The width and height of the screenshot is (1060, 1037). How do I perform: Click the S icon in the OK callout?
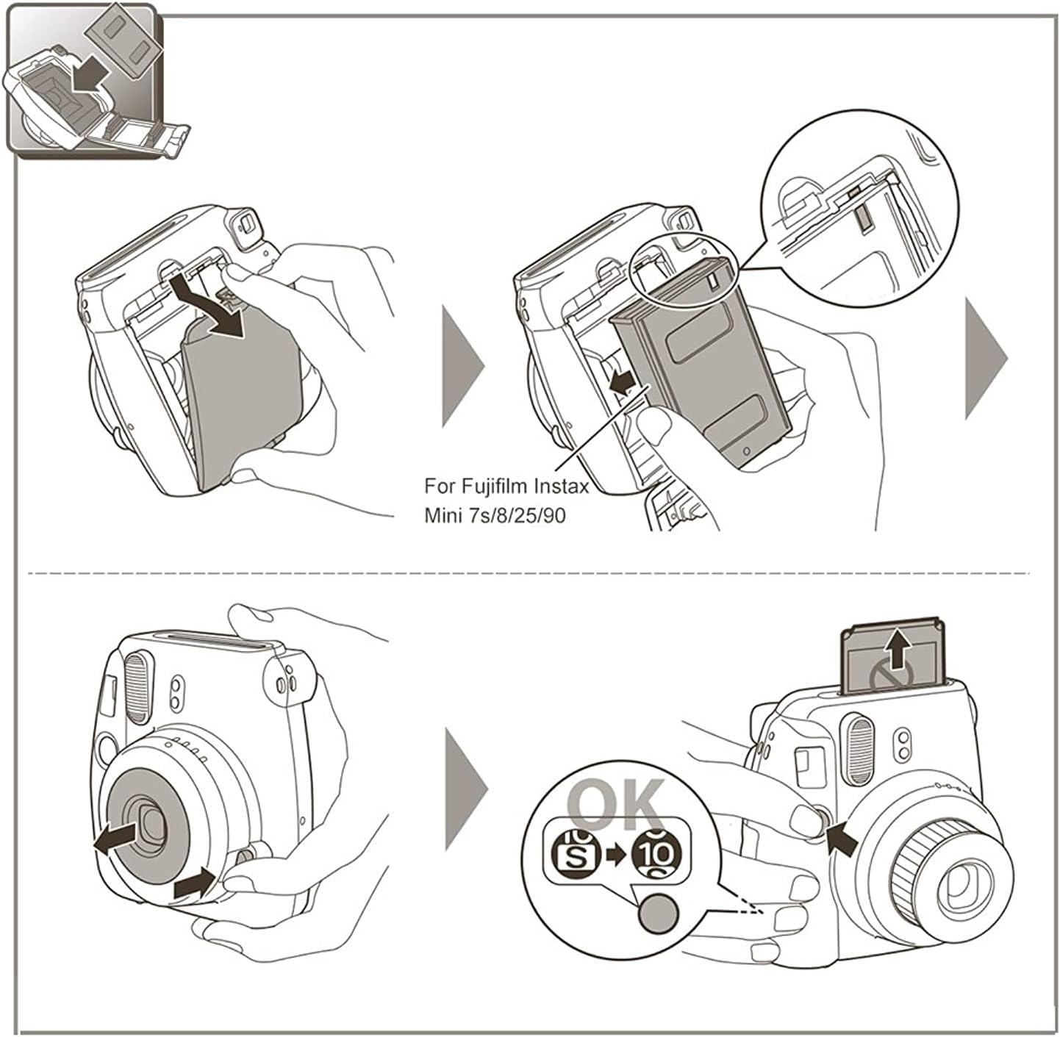572,853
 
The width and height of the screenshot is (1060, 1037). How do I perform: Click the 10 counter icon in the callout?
656,853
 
